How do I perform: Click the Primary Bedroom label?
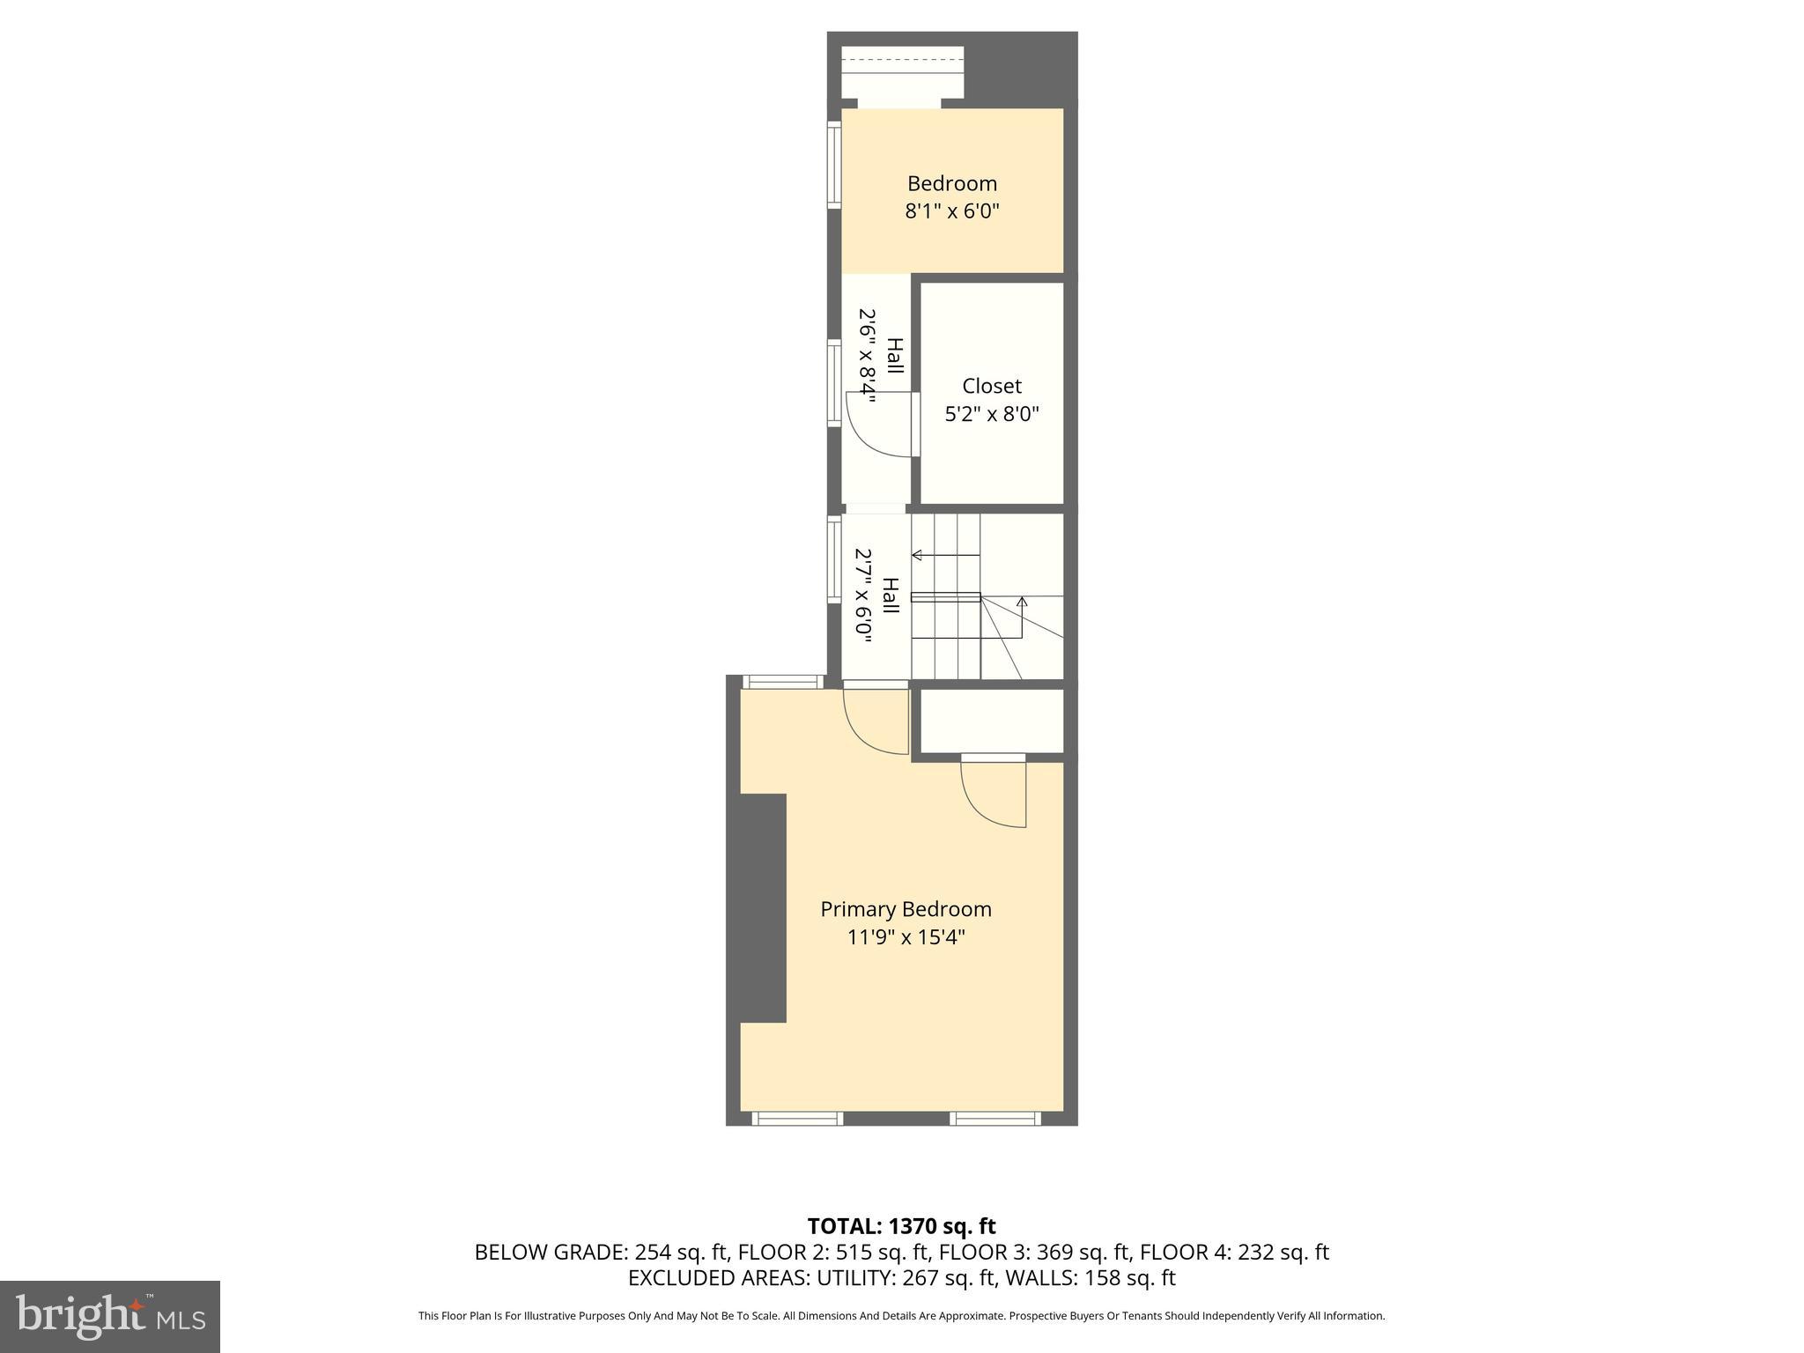pyautogui.click(x=906, y=909)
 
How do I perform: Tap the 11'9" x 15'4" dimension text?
pyautogui.click(x=906, y=937)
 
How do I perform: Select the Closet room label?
pyautogui.click(x=992, y=386)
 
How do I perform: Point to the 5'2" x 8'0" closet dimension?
pyautogui.click(x=992, y=414)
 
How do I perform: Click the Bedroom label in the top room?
pyautogui.click(x=952, y=183)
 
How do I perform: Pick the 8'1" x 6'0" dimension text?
pyautogui.click(x=952, y=211)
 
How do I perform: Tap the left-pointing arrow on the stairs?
pyautogui.click(x=918, y=555)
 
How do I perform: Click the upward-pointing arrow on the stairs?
pyautogui.click(x=1022, y=603)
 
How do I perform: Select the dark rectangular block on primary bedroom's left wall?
pyautogui.click(x=763, y=907)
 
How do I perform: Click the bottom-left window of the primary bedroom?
pyautogui.click(x=797, y=1119)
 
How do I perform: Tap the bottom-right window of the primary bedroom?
pyautogui.click(x=995, y=1119)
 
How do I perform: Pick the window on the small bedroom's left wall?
pyautogui.click(x=833, y=165)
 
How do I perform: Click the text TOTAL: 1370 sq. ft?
pyautogui.click(x=901, y=1225)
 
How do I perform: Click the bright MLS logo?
pyautogui.click(x=110, y=1316)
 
